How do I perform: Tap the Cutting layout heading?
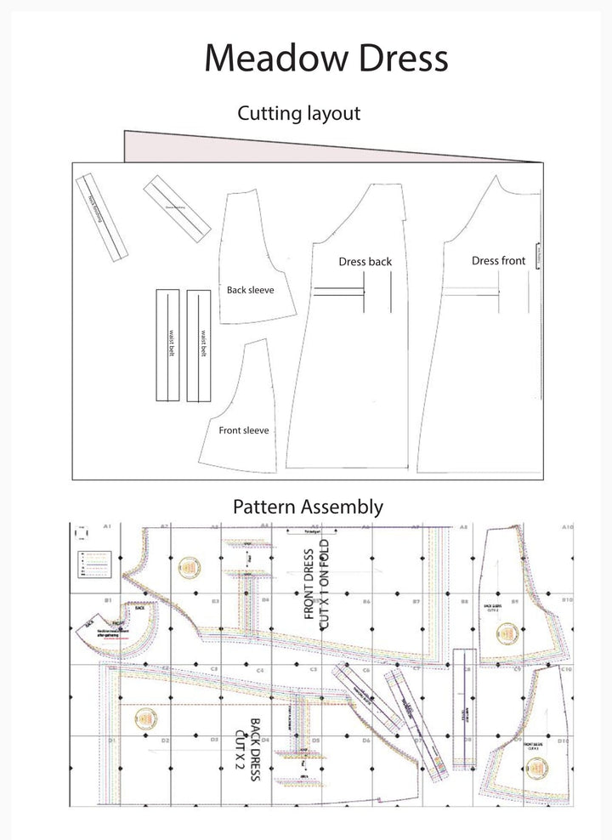point(298,112)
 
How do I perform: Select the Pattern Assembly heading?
point(308,507)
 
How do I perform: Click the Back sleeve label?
point(250,290)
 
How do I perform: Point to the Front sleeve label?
point(243,430)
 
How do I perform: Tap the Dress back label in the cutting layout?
point(365,262)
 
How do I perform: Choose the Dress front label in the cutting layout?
point(498,261)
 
